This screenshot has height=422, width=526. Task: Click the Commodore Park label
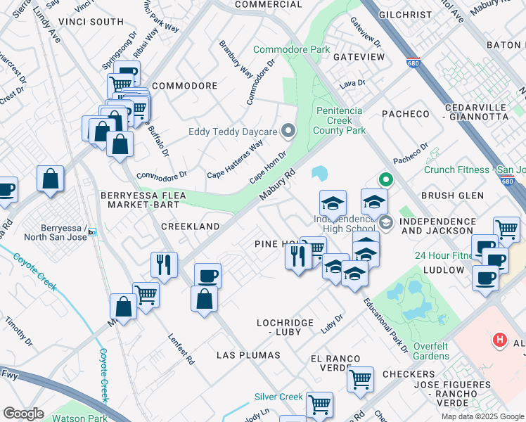point(291,50)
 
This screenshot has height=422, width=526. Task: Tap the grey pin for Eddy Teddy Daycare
point(288,131)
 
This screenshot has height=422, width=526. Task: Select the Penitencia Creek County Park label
point(340,120)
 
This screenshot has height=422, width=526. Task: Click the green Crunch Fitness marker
point(384,180)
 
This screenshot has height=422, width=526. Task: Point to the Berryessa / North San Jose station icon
point(92,232)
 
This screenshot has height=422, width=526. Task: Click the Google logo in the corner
point(23,414)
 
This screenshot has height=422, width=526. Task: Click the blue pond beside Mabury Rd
point(319,173)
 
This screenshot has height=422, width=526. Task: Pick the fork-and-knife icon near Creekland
point(164,265)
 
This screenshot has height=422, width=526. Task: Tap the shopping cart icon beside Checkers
point(360,379)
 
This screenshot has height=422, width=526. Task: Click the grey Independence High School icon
point(386,223)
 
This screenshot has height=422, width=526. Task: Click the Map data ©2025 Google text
point(482,416)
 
